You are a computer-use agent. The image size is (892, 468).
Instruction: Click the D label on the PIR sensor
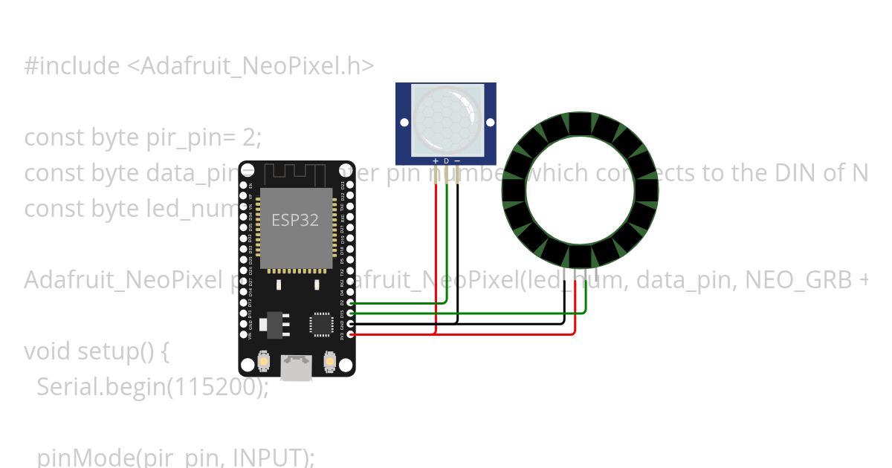coord(446,160)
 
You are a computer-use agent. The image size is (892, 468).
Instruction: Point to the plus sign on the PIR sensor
coord(435,160)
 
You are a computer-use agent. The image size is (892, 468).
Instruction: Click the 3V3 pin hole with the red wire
coord(350,335)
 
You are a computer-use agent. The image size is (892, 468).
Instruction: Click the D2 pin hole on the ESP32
coord(350,303)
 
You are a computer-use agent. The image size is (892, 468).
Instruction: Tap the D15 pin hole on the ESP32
coord(350,313)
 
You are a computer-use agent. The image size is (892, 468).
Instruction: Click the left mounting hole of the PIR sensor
coord(404,123)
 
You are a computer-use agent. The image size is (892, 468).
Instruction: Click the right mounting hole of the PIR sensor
coord(489,123)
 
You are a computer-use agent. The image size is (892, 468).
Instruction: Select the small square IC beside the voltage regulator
coord(322,324)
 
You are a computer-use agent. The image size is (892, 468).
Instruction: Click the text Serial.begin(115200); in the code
coord(152,386)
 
